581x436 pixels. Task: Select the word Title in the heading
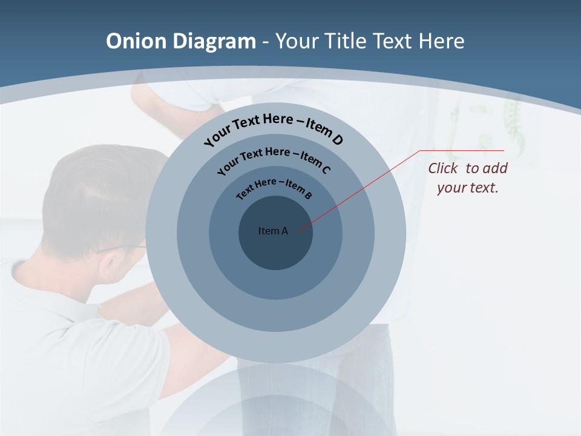(x=346, y=41)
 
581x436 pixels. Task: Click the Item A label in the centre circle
(x=273, y=231)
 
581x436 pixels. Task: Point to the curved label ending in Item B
(x=274, y=188)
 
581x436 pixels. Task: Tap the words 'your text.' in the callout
(x=467, y=188)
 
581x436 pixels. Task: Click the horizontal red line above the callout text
(x=463, y=150)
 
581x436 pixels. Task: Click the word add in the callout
(x=496, y=168)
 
